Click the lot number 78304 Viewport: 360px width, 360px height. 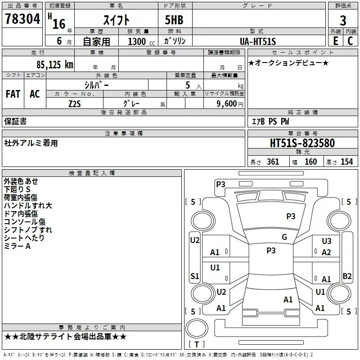(x=22, y=19)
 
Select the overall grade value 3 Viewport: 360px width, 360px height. (x=343, y=20)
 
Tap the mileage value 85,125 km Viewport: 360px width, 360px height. (x=55, y=65)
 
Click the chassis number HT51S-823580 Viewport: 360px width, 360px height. (x=302, y=143)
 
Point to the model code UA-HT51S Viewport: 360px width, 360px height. (x=258, y=41)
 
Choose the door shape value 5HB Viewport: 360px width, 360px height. (x=174, y=20)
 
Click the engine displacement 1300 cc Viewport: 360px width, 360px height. (x=141, y=41)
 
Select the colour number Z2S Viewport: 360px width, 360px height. (x=75, y=104)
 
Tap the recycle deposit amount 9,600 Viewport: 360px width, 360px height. (x=227, y=103)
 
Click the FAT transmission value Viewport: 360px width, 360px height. (x=13, y=94)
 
